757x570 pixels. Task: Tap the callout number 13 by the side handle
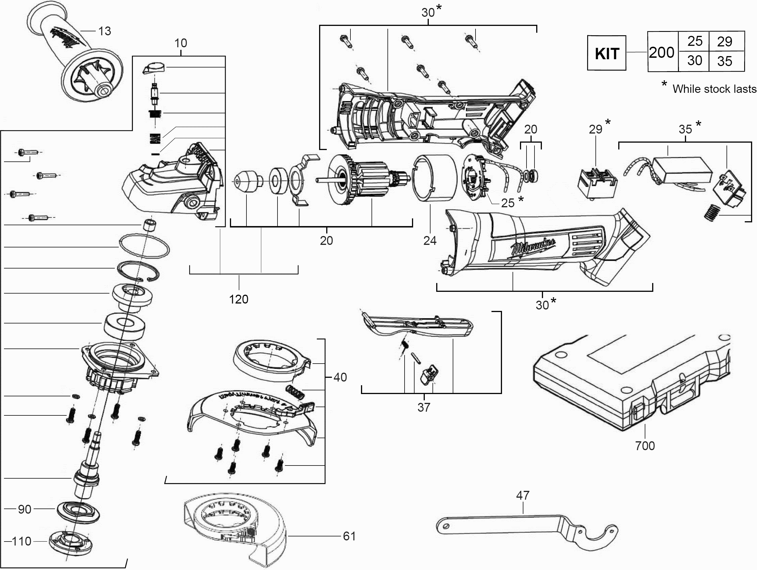click(105, 31)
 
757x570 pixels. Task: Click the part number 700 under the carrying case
click(645, 446)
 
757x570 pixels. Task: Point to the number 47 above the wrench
click(523, 495)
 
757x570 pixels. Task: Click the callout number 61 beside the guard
click(349, 536)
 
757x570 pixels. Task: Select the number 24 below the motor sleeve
click(430, 241)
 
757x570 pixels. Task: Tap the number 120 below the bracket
click(238, 300)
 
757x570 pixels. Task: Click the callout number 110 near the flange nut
click(21, 541)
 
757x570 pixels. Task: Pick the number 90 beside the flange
click(25, 509)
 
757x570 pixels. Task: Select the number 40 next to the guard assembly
click(340, 377)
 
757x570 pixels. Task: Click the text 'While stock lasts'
click(714, 89)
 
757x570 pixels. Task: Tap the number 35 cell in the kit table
click(725, 61)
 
